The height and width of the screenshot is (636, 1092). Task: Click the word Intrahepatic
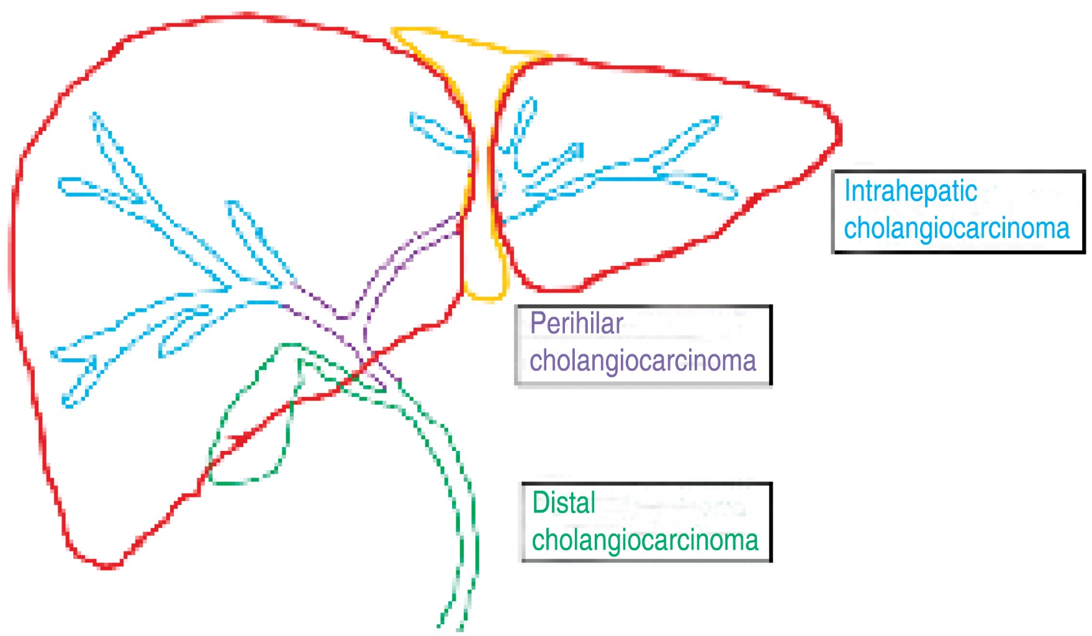coord(910,191)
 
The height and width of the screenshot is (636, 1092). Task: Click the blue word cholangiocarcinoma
coord(956,229)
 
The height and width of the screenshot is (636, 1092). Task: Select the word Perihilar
coord(576,323)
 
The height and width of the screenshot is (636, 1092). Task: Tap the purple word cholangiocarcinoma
coord(643,361)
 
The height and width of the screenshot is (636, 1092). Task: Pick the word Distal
coord(564,502)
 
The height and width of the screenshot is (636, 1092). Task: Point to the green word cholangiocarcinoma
coord(645,540)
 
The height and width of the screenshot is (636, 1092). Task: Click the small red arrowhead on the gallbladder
coord(239,439)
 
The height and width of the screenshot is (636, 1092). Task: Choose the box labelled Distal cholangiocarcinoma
coord(646,522)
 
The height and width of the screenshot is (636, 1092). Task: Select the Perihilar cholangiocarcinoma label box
coord(644,345)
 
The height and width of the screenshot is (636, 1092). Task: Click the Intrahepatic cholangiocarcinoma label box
coord(958,211)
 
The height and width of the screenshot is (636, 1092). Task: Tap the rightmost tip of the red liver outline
coord(840,134)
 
